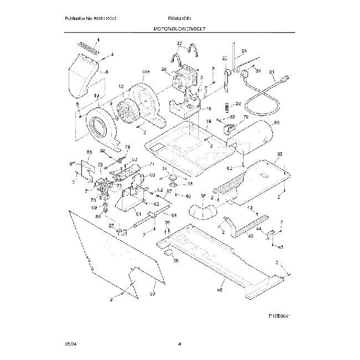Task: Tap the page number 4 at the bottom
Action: pos(180,344)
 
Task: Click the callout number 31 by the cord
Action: pos(272,72)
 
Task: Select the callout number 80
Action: pos(276,122)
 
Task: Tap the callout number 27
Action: pos(179,43)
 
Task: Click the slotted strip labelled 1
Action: pos(89,48)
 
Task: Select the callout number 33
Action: pos(279,154)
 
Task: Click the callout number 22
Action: pos(238,104)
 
